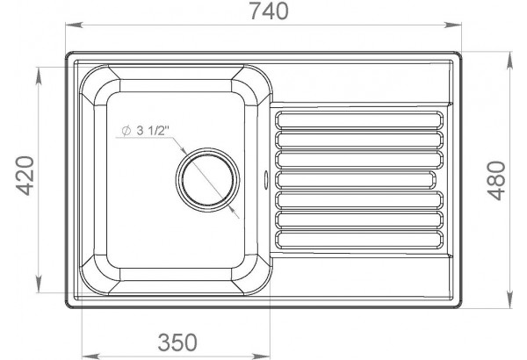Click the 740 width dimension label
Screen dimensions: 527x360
coord(269,11)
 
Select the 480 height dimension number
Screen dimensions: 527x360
coord(497,181)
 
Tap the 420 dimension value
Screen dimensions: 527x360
coord(25,176)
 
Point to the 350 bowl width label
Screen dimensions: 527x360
coord(177,342)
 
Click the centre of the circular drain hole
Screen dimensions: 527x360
coord(207,180)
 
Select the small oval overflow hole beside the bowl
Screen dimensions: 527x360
coord(266,179)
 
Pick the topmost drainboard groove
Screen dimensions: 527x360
coord(359,120)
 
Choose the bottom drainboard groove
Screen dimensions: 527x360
coord(359,240)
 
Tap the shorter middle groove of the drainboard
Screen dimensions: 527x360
coord(356,180)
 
